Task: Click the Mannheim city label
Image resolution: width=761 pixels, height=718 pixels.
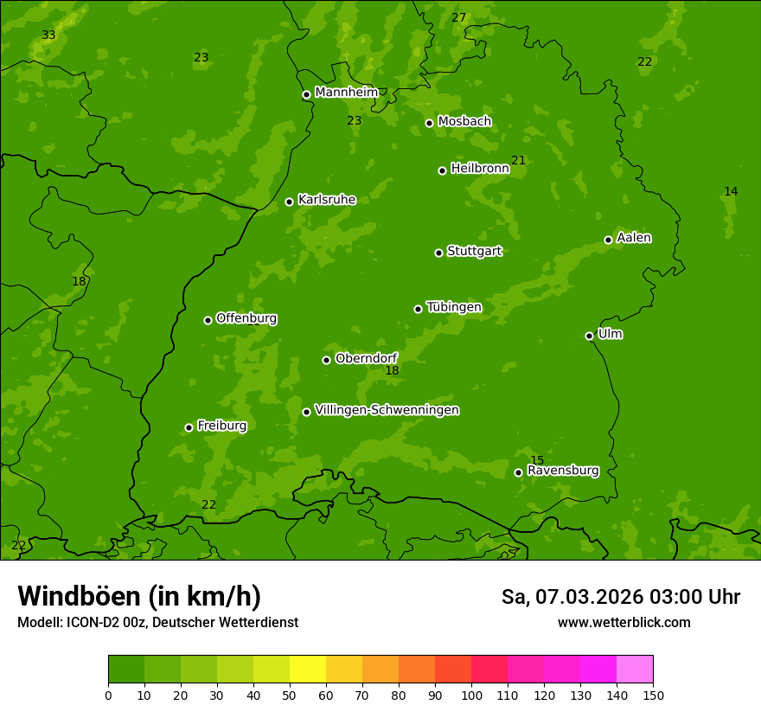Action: pyautogui.click(x=346, y=93)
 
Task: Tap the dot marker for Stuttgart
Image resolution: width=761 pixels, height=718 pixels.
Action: pyautogui.click(x=439, y=253)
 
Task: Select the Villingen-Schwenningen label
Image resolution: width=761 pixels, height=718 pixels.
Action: pyautogui.click(x=387, y=410)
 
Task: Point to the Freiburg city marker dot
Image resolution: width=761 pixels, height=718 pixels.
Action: pyautogui.click(x=189, y=427)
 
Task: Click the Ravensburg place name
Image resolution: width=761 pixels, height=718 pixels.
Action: pyautogui.click(x=563, y=471)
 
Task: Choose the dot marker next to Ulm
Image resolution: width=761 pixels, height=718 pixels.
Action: pyautogui.click(x=590, y=336)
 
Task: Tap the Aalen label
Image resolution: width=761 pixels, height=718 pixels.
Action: pyautogui.click(x=634, y=238)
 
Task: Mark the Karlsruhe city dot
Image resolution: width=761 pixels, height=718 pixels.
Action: pyautogui.click(x=290, y=202)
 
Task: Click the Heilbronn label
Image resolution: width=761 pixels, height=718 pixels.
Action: pyautogui.click(x=480, y=169)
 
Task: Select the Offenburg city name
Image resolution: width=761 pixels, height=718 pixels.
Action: pyautogui.click(x=246, y=318)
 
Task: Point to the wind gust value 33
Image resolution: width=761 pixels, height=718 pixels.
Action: pyautogui.click(x=48, y=35)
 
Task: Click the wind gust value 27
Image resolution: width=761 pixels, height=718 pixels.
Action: pyautogui.click(x=459, y=18)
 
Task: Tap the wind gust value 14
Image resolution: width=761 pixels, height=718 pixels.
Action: pyautogui.click(x=731, y=192)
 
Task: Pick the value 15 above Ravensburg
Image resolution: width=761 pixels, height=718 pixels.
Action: pyautogui.click(x=537, y=460)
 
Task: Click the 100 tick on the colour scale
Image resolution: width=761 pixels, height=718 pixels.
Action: pyautogui.click(x=471, y=695)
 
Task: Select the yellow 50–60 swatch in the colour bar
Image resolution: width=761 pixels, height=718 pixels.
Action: pyautogui.click(x=308, y=670)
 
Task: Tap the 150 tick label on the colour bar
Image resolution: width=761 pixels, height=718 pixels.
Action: pyautogui.click(x=653, y=695)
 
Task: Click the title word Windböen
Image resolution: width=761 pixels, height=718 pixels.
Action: pyautogui.click(x=79, y=596)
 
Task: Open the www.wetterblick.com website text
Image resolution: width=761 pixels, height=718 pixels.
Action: pyautogui.click(x=624, y=622)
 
